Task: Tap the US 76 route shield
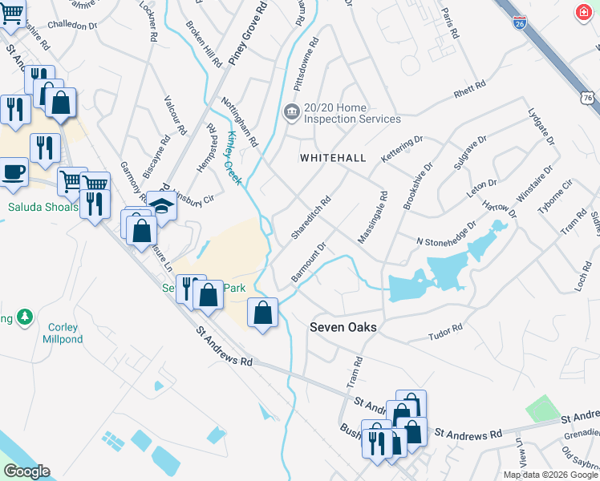tap(588, 97)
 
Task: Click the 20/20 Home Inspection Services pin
tap(291, 111)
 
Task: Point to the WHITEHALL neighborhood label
tap(333, 159)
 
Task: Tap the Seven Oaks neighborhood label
tap(343, 327)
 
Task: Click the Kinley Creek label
tap(234, 158)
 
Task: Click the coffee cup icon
tap(12, 172)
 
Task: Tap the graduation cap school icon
tap(161, 205)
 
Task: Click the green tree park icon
tap(25, 317)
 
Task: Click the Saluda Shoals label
tap(43, 207)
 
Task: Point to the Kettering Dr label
tap(402, 151)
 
